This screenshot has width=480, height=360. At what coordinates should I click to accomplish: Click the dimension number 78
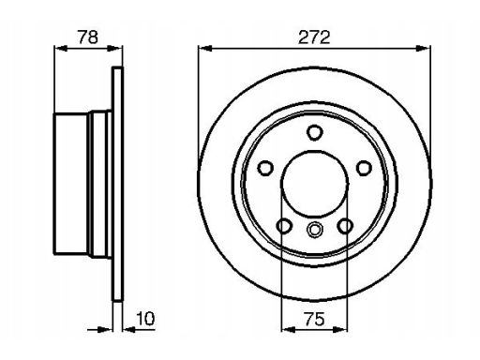[x=88, y=37]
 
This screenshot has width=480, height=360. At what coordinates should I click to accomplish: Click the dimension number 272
[x=314, y=37]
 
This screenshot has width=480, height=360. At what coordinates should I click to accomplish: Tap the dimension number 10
[x=145, y=319]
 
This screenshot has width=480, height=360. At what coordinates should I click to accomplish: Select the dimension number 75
[x=314, y=319]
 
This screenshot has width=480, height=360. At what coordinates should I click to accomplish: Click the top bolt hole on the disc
[x=314, y=132]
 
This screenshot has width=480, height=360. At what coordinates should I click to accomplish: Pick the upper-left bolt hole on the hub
[x=265, y=168]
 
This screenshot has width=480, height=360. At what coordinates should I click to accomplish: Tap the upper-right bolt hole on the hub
[x=364, y=168]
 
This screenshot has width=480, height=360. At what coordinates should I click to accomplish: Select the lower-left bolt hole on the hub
[x=284, y=226]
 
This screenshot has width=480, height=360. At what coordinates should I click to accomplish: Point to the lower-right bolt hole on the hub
[x=345, y=226]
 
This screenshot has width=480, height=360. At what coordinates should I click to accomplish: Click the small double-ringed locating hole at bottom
[x=314, y=229]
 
